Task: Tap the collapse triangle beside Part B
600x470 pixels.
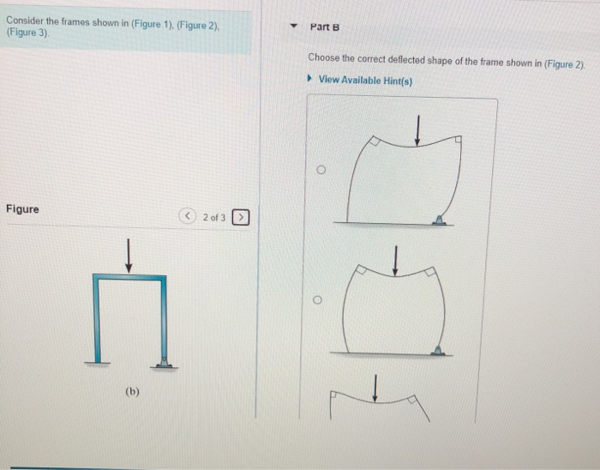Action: (x=293, y=27)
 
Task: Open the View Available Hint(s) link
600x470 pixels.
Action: (x=364, y=80)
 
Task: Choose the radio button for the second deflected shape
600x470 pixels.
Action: (x=317, y=301)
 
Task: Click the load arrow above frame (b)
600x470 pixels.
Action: (x=129, y=256)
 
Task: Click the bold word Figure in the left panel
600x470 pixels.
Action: (x=22, y=209)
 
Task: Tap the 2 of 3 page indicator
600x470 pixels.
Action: (x=214, y=218)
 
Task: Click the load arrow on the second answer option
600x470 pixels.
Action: (x=395, y=261)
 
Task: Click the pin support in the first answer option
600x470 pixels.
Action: (x=438, y=220)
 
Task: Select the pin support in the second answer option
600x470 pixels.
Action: (x=438, y=349)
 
